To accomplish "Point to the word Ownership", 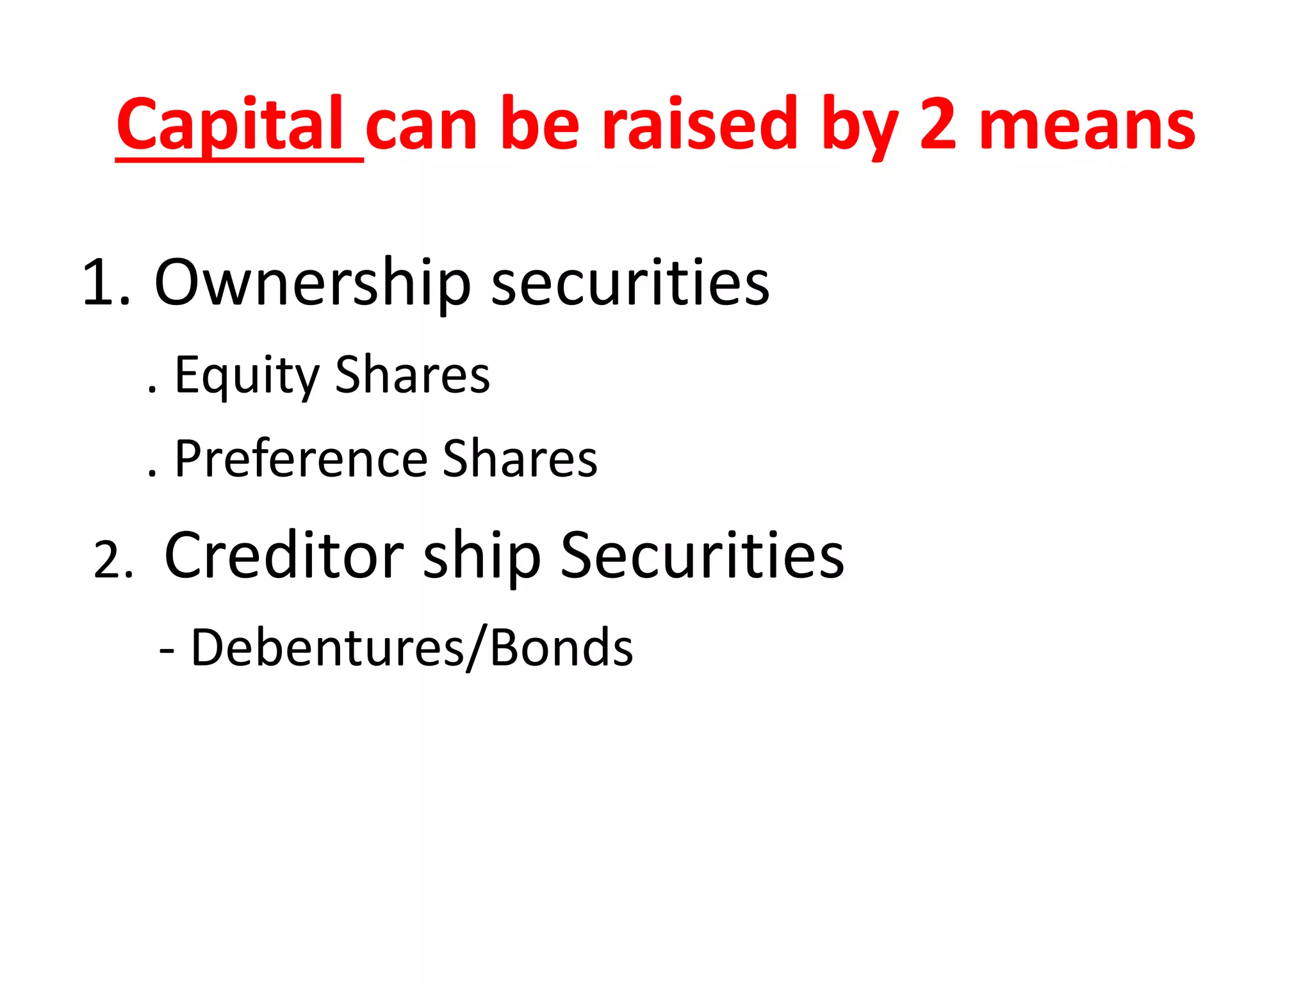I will [313, 282].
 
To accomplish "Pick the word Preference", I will [301, 459].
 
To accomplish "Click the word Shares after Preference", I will [520, 459].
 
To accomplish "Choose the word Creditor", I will [284, 555].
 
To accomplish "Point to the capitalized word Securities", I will [702, 555].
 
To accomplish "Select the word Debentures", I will [327, 648].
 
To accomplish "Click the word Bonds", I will [561, 648].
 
